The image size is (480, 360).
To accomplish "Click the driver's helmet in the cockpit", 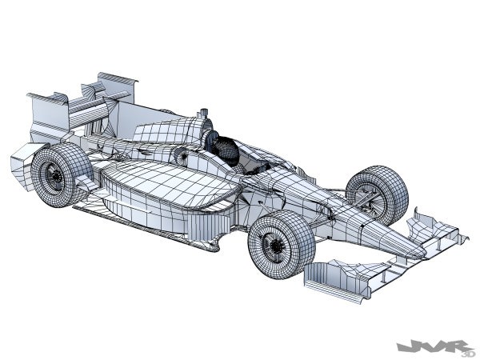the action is [x=226, y=151].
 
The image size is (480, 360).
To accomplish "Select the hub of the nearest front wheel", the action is [x=276, y=244].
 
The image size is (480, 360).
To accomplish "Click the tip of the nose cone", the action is [x=424, y=254].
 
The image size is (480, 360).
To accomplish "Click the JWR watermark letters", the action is [x=432, y=346].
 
